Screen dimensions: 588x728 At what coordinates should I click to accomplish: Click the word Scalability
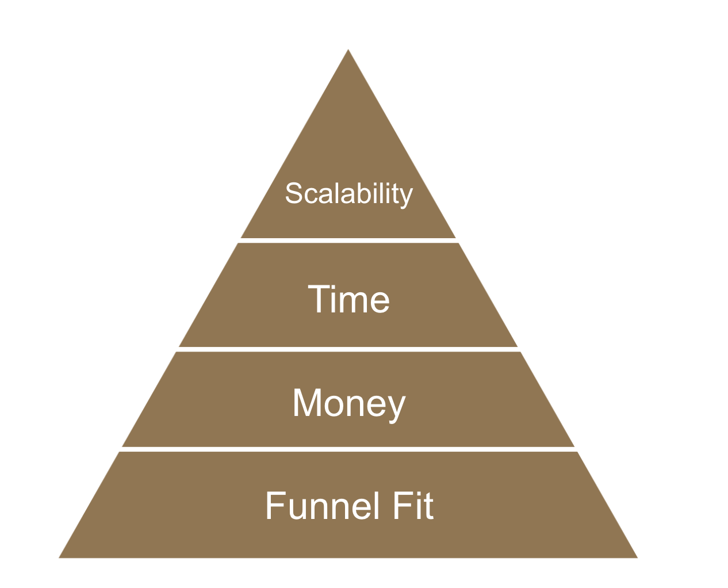coord(349,194)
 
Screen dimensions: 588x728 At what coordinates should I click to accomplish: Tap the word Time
coord(349,299)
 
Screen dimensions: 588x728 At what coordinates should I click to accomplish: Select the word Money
coord(349,403)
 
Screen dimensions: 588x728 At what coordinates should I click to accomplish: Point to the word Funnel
coord(323,506)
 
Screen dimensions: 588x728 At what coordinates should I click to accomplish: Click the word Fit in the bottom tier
coord(413,506)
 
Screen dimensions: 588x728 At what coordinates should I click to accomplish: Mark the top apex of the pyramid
coord(348,50)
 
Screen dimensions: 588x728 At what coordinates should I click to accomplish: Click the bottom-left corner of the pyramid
coord(60,557)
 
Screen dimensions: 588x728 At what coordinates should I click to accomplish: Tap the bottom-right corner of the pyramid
coord(637,557)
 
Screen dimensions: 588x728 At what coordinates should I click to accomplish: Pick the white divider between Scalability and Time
coord(348,240)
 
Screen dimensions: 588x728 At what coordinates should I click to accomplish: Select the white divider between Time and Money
coord(348,349)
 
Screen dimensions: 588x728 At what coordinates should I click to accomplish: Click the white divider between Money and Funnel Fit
coord(348,449)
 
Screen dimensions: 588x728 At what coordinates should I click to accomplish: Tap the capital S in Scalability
coord(294,193)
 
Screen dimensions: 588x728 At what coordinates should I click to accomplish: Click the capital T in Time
coord(318,299)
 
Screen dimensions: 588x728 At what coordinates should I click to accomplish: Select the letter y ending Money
coord(397,407)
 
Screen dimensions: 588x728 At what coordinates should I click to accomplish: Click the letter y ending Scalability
coord(407,197)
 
